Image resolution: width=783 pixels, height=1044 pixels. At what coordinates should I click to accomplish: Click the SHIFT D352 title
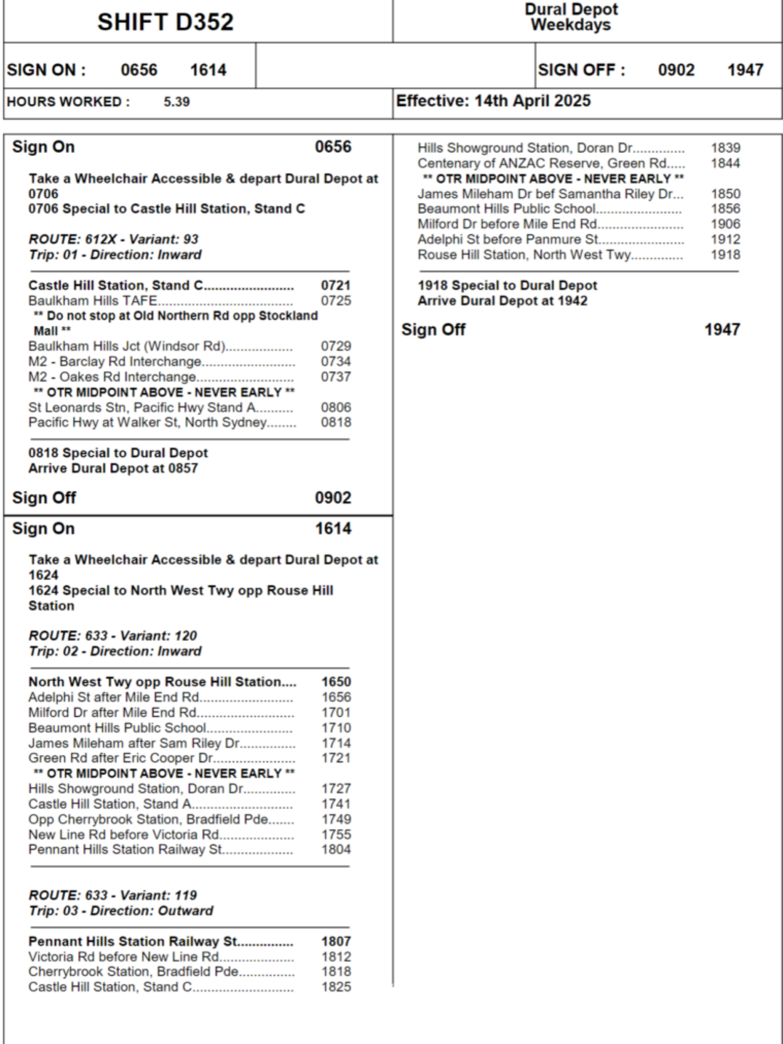pos(165,22)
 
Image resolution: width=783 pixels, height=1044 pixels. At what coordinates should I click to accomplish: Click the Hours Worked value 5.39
pos(176,102)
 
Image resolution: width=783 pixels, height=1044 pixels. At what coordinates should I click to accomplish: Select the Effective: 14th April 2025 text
pos(493,101)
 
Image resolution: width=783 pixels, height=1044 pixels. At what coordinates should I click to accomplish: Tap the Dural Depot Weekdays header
pos(571,17)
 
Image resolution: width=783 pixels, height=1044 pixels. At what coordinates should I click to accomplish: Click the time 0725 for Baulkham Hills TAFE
pos(336,301)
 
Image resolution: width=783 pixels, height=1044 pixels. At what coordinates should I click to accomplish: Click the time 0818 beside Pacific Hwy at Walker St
pos(336,422)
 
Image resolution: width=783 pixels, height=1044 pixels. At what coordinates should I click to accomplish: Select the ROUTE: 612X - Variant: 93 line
pos(113,239)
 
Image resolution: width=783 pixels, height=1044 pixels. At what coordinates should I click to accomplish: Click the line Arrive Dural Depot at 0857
pos(113,468)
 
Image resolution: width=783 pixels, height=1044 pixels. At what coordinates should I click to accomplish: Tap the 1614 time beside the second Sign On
pos(333,529)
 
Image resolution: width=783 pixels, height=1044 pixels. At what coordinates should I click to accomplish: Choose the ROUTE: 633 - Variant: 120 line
pos(113,636)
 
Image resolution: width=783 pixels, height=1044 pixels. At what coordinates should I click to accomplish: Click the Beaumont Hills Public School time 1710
pos(336,728)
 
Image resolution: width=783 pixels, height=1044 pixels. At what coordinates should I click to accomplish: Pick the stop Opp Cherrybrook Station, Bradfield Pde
pos(148,819)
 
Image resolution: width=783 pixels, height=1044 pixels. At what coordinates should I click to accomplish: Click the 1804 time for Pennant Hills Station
pos(336,849)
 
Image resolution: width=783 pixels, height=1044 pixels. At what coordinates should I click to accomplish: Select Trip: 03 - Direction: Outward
pos(121,911)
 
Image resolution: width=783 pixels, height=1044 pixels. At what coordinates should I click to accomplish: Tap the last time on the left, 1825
pos(336,987)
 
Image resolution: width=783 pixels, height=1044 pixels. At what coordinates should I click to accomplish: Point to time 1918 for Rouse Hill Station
pos(725,255)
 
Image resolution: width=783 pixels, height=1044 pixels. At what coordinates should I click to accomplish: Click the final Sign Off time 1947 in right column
pos(722,330)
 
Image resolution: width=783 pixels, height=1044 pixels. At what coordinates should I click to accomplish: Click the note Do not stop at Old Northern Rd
pos(175,316)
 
